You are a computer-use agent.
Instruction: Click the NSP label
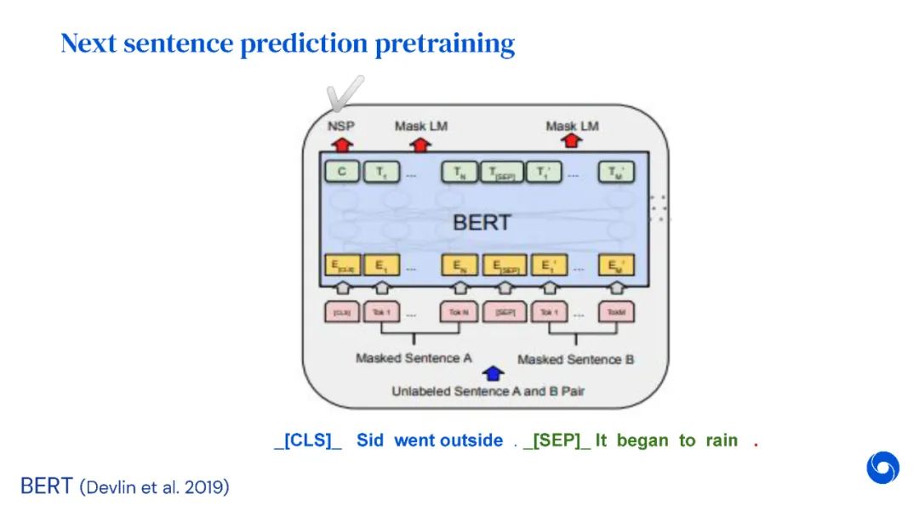click(x=341, y=126)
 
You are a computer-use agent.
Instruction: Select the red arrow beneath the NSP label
click(x=341, y=142)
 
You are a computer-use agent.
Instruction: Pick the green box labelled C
click(x=341, y=173)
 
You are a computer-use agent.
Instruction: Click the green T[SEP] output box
click(x=502, y=173)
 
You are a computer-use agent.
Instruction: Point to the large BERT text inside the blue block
click(x=482, y=223)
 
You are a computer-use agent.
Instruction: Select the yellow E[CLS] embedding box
click(x=341, y=265)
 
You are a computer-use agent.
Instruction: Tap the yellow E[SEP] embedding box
click(x=502, y=265)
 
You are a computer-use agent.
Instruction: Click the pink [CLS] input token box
click(x=341, y=312)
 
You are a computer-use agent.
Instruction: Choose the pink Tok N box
click(x=458, y=312)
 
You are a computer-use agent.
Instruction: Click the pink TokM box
click(x=616, y=312)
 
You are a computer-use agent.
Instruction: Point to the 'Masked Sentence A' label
click(x=414, y=358)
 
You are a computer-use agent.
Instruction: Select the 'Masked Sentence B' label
click(x=575, y=359)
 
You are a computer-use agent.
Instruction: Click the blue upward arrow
click(x=493, y=373)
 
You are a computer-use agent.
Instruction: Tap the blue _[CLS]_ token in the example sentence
click(x=308, y=440)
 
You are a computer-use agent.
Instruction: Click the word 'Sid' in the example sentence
click(x=370, y=440)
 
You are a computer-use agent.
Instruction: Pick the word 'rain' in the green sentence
click(x=722, y=440)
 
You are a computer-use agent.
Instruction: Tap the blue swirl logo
click(x=882, y=468)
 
